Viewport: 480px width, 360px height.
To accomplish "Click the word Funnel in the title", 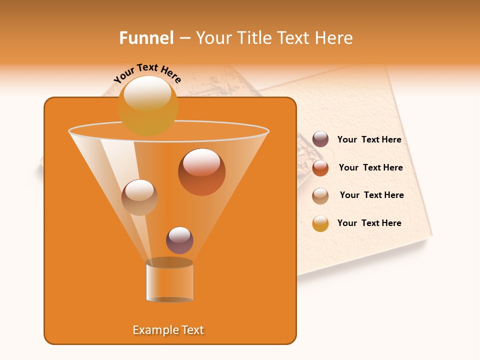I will pos(146,38).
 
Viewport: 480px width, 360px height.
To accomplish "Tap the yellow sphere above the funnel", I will pos(148,105).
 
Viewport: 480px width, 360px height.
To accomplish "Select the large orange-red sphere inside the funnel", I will pos(201,172).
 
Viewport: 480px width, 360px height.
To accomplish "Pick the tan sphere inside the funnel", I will pos(139,197).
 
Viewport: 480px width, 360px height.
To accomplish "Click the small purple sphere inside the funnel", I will pos(179,240).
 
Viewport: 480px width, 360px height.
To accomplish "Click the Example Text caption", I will pos(168,330).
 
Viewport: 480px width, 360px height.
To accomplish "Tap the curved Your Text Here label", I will pos(147,73).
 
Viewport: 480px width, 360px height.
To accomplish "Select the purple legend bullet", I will pos(320,139).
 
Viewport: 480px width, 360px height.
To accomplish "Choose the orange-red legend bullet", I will pos(320,168).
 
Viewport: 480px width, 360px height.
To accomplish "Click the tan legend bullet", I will pos(320,196).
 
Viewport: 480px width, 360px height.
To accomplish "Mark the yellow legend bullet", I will pos(320,223).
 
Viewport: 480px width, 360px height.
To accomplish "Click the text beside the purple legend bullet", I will pos(369,140).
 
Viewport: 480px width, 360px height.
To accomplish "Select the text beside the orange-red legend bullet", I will pos(370,168).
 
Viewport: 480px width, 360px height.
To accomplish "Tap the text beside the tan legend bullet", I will pos(371,195).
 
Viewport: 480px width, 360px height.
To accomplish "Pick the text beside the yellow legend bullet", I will pos(369,223).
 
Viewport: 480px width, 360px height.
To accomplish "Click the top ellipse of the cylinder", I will pos(169,262).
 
